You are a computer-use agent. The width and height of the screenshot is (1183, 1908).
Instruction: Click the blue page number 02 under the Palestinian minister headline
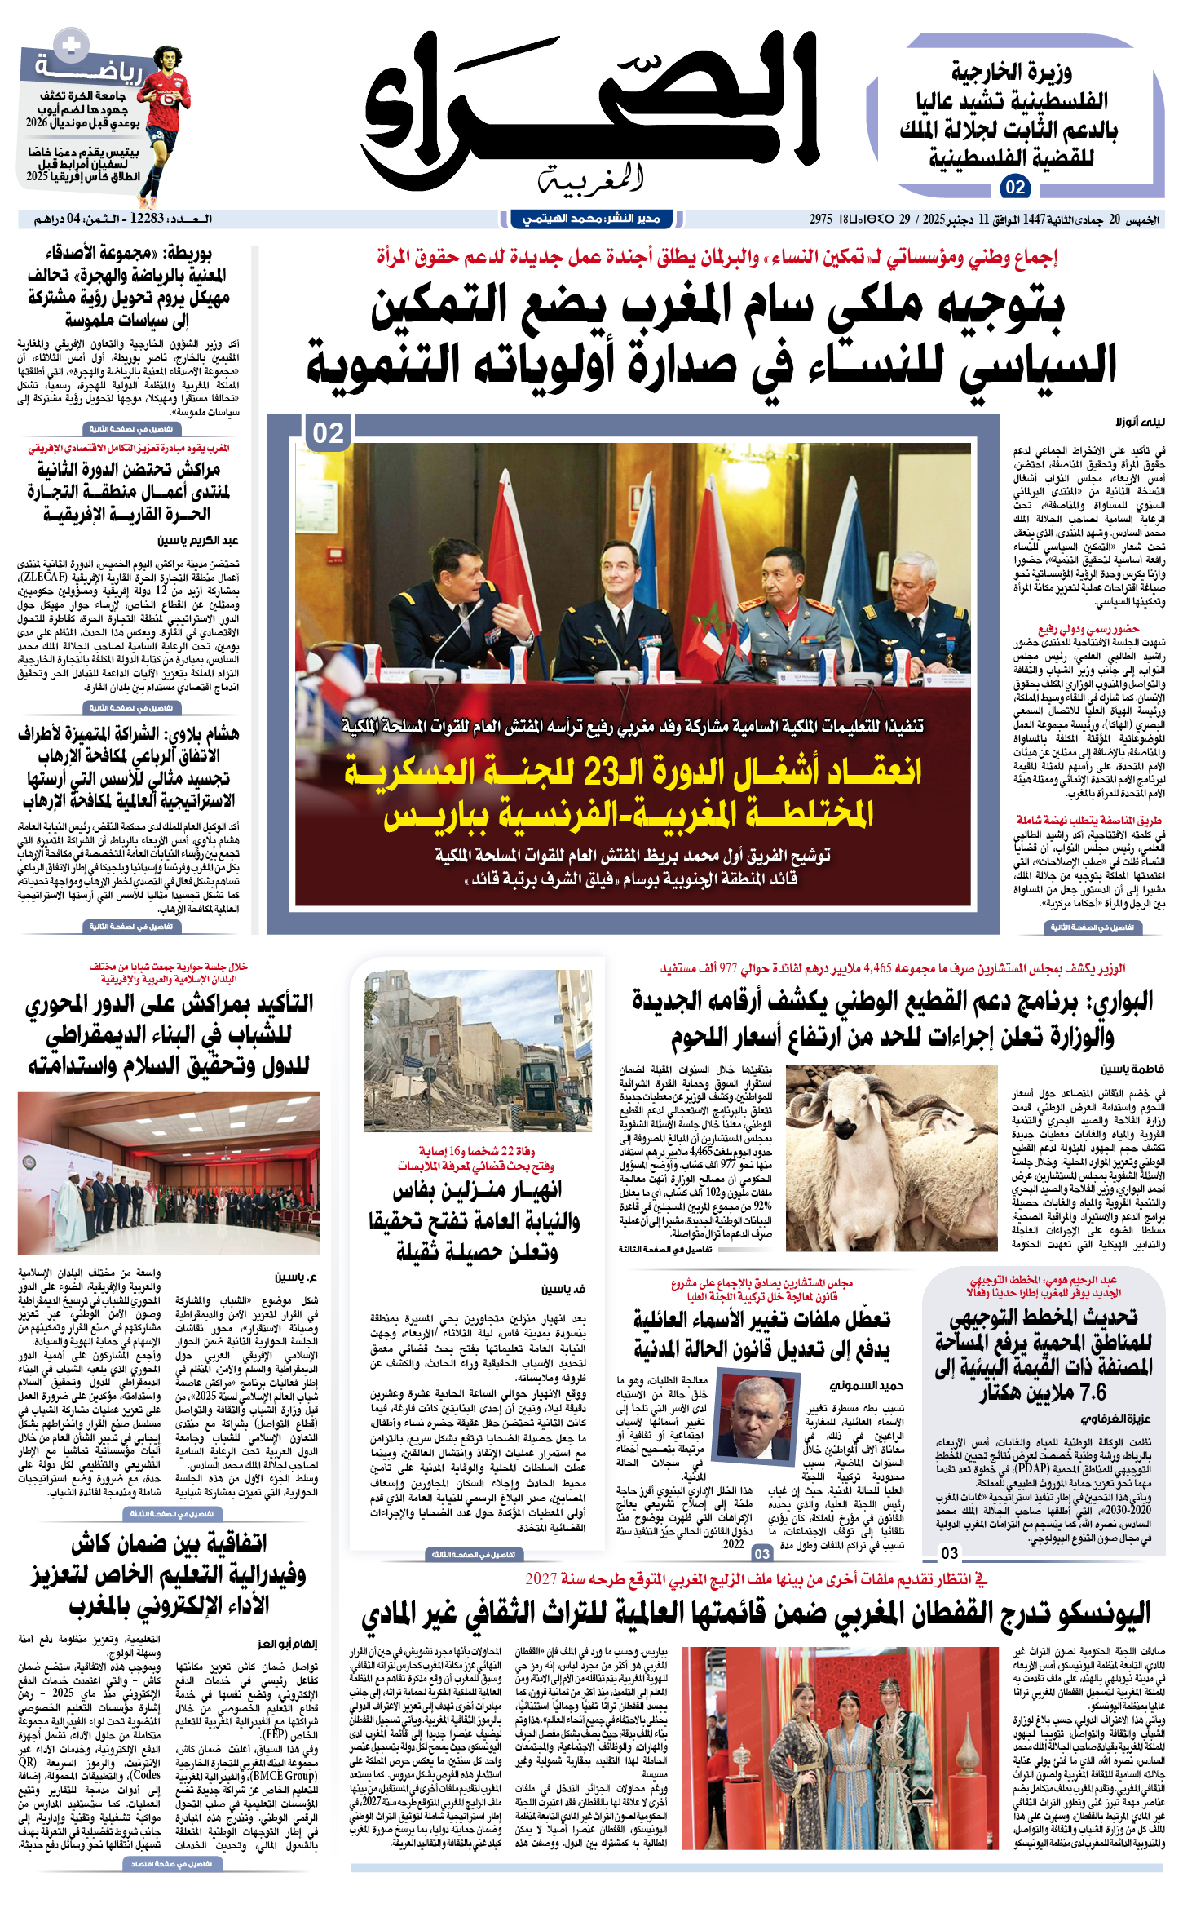[1015, 187]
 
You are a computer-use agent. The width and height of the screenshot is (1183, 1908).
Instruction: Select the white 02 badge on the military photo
[328, 433]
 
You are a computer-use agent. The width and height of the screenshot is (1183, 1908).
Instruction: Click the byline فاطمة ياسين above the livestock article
[1132, 1069]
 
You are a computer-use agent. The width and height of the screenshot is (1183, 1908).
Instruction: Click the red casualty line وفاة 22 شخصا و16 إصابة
[477, 1151]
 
